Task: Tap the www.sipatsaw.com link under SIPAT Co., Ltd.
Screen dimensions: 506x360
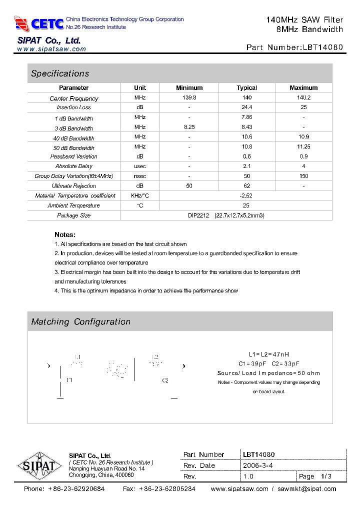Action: tap(51, 49)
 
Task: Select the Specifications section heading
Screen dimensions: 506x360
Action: tap(60, 73)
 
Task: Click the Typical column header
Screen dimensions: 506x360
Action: tap(246, 88)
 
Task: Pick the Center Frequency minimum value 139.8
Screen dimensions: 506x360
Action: tap(189, 98)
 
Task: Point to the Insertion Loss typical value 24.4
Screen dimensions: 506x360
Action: tap(246, 107)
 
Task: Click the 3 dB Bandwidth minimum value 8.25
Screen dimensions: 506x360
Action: tap(189, 127)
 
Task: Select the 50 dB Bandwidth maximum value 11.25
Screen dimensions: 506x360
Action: tap(303, 147)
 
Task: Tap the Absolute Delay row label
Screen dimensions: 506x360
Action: tap(74, 166)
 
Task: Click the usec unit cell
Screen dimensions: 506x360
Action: tap(140, 166)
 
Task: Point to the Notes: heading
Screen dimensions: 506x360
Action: tap(65, 234)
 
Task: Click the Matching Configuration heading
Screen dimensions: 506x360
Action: tap(80, 322)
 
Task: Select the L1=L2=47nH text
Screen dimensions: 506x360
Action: tap(268, 354)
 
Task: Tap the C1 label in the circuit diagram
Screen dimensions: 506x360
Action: tap(69, 380)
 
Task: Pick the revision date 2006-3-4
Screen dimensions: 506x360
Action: tap(257, 465)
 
